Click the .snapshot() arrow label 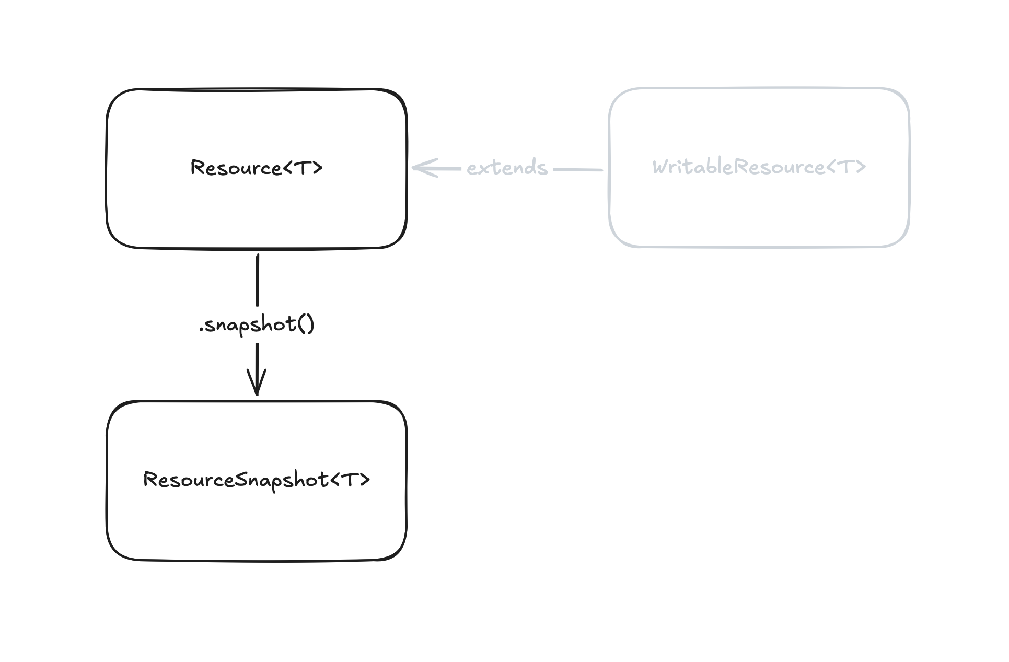coord(257,325)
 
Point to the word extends coord(507,168)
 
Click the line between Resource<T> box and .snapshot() coord(257,280)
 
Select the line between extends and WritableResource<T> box coord(578,170)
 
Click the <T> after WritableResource coord(846,167)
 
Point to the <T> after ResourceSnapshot coord(351,480)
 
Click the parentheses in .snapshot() coord(306,324)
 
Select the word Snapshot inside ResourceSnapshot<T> coord(282,481)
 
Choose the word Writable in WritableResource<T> coord(693,167)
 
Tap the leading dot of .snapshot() coord(201,330)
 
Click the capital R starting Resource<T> coord(197,168)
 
